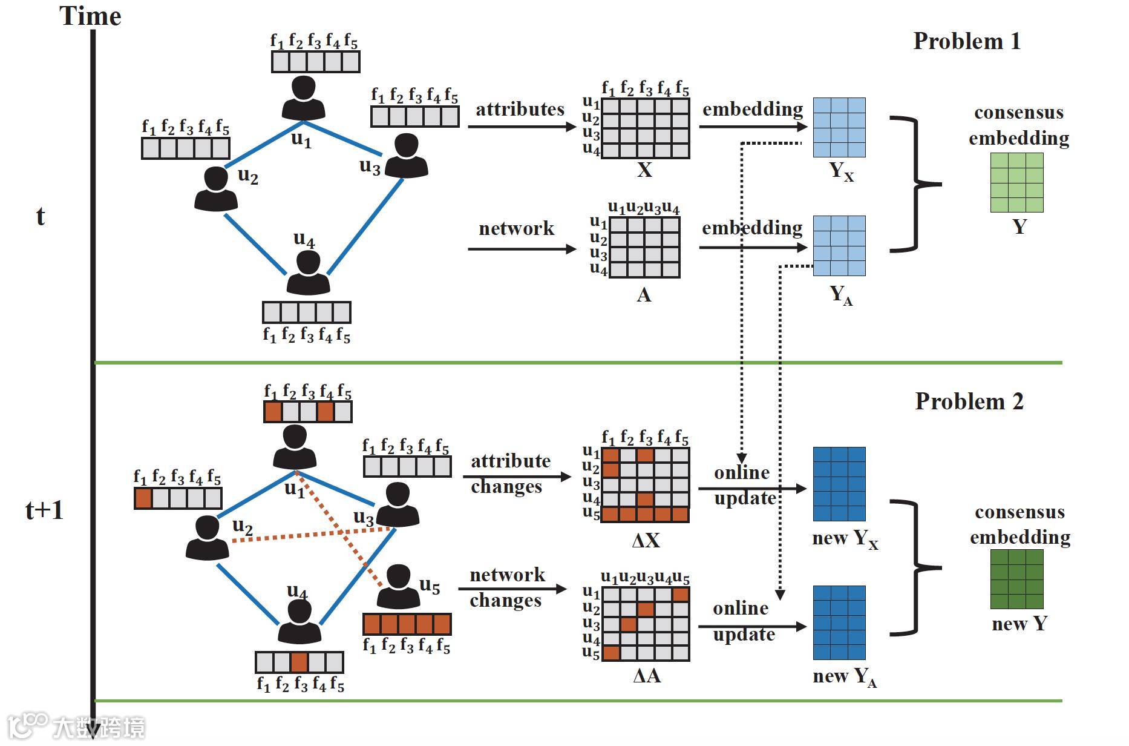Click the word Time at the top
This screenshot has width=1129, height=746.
point(90,16)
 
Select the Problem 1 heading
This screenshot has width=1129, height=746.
point(967,41)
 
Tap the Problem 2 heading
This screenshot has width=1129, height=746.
point(969,401)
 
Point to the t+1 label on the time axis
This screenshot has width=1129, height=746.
point(44,510)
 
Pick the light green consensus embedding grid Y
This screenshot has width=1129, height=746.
point(1016,182)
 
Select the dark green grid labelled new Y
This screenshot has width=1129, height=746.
point(1016,579)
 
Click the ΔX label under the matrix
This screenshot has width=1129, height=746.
point(646,540)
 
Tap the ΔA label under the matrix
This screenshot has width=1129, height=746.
point(646,676)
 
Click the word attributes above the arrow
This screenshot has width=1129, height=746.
point(520,110)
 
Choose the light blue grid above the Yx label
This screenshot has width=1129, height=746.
point(839,127)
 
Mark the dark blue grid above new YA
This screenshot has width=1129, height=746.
point(839,622)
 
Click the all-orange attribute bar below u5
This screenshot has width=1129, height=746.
point(407,624)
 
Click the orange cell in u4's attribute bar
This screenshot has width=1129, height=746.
point(299,662)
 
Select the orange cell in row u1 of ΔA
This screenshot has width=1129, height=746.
point(681,594)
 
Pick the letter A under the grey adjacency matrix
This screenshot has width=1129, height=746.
point(644,295)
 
